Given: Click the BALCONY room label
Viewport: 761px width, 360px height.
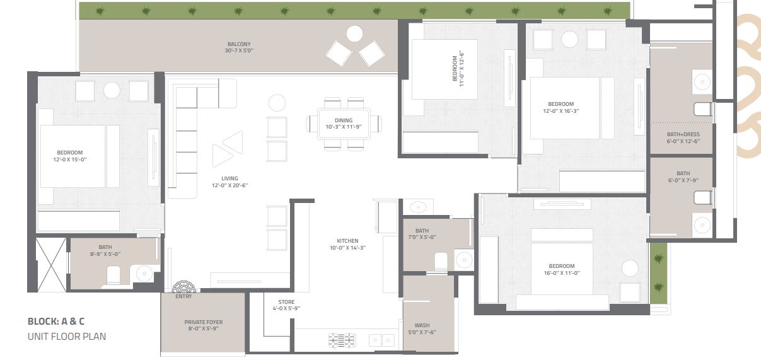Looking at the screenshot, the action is (239, 44).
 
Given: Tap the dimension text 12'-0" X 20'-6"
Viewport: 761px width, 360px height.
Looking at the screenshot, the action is (229, 185).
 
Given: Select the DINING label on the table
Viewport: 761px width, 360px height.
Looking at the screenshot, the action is (344, 120).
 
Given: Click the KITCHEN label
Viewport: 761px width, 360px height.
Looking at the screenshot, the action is (347, 241).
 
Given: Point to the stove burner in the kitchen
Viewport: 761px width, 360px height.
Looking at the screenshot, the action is (342, 340).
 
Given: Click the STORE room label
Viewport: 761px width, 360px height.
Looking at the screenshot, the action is (286, 302).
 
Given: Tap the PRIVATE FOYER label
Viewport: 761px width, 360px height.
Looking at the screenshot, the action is (204, 322).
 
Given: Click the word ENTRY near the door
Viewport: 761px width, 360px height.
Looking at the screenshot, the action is (183, 296).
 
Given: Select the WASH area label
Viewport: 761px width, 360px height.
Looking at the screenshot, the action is (422, 325).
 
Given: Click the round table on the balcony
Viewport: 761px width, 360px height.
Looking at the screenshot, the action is (354, 34).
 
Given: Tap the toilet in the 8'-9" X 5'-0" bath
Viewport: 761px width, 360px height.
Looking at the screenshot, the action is (113, 275).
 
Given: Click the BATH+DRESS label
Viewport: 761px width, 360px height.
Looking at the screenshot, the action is (683, 134).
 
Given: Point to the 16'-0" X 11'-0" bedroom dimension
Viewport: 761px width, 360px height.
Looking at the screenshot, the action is (562, 273).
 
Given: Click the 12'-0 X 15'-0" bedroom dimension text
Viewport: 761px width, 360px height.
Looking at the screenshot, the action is (69, 160).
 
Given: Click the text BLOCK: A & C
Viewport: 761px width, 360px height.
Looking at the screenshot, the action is (56, 322).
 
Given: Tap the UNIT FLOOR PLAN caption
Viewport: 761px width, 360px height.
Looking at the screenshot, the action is (67, 337).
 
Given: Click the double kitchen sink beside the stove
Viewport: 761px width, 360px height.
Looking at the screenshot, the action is (381, 340).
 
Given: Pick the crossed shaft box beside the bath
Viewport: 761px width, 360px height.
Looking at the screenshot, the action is (51, 265).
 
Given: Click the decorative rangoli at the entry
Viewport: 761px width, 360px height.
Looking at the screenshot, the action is (183, 287).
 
